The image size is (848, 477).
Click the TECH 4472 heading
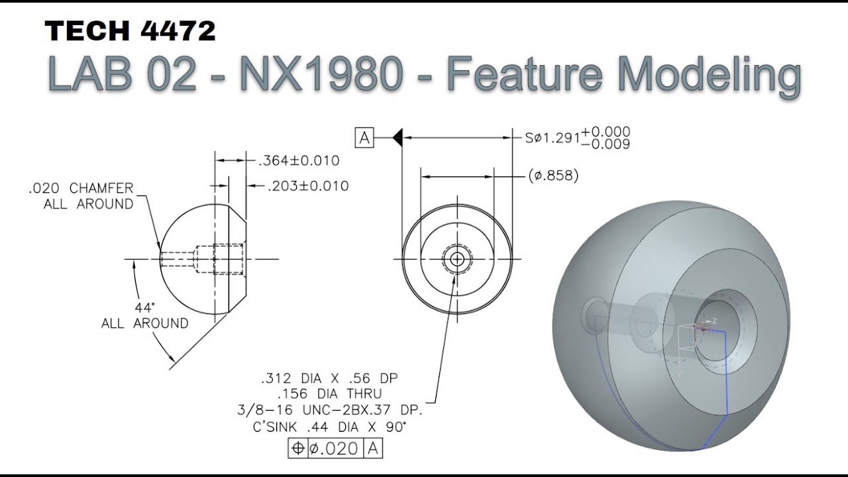click(x=131, y=32)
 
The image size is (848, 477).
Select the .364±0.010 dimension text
click(x=298, y=160)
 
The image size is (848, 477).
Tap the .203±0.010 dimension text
click(x=307, y=186)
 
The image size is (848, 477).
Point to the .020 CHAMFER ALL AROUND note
click(x=81, y=196)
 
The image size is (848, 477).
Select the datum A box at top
click(x=364, y=138)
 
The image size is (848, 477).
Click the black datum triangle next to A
click(x=397, y=138)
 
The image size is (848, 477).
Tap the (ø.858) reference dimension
click(x=553, y=176)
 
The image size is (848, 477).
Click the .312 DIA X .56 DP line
click(x=329, y=378)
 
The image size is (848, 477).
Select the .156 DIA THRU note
click(x=329, y=394)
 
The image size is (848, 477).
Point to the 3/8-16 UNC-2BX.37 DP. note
click(x=329, y=410)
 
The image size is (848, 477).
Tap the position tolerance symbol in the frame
click(x=298, y=449)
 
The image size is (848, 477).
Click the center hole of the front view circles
click(x=456, y=259)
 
